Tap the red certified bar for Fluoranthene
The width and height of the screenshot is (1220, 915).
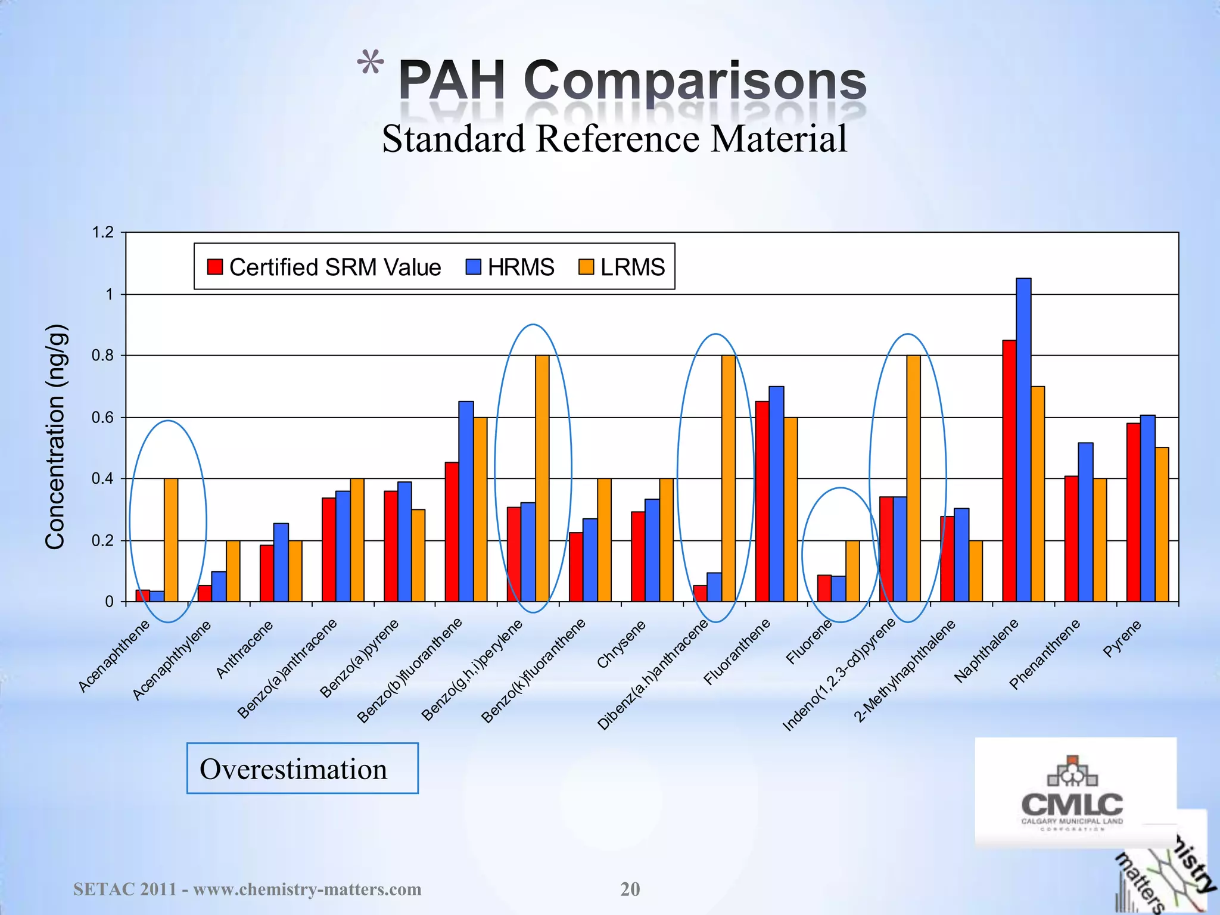coord(762,502)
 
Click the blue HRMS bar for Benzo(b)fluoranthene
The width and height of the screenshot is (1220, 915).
coord(466,502)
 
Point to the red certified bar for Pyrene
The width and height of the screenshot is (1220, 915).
coord(1133,512)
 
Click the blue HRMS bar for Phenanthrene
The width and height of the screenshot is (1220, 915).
coord(1085,522)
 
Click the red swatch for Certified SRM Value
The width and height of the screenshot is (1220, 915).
coord(214,267)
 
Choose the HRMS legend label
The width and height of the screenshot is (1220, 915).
coord(521,267)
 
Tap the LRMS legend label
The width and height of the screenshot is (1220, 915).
coord(632,267)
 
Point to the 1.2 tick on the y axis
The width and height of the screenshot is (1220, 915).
coord(103,232)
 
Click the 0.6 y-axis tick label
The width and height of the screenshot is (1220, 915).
coord(103,418)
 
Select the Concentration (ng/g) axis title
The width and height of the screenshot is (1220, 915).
coord(55,436)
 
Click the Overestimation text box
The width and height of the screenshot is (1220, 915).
coord(302,768)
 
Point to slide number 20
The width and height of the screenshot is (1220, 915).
coord(630,889)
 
